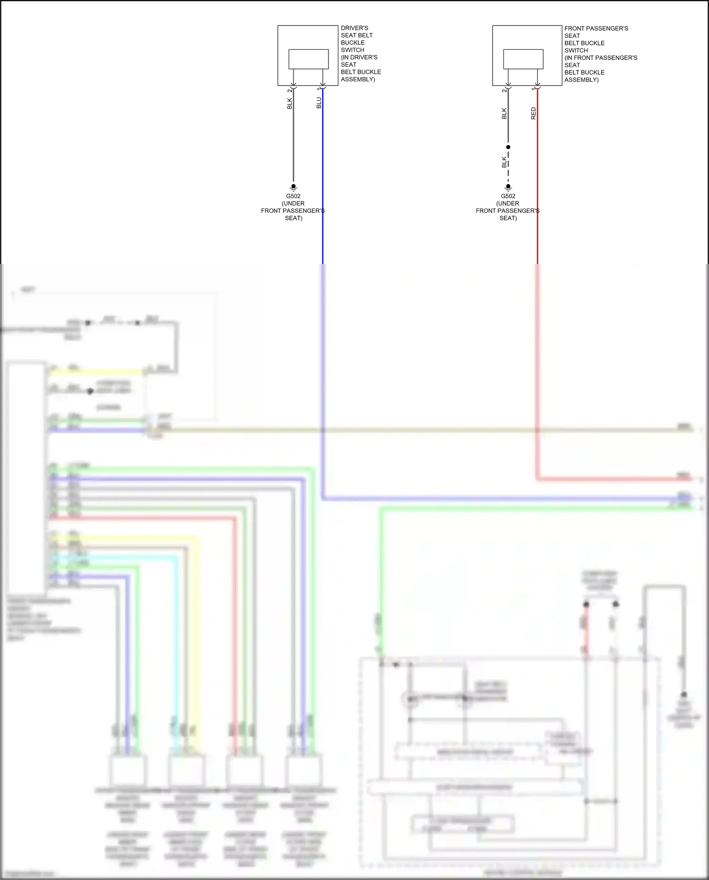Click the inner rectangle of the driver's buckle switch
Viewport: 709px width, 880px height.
click(x=308, y=59)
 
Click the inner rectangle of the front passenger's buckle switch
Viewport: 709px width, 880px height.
click(x=523, y=59)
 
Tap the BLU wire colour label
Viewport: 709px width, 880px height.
click(x=319, y=103)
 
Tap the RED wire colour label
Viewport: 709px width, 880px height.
click(x=534, y=113)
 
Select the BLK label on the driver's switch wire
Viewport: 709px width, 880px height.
click(x=290, y=104)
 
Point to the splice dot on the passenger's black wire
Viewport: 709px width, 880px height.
click(x=508, y=147)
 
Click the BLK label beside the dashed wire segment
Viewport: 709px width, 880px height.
click(x=504, y=163)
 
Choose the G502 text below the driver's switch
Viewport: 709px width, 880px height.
click(x=293, y=196)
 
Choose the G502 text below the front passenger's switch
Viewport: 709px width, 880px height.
click(x=508, y=196)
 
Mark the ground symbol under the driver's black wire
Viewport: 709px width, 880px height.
click(x=293, y=187)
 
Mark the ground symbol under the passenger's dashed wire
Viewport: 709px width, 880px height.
click(x=508, y=187)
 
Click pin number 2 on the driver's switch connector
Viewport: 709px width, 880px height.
click(x=290, y=90)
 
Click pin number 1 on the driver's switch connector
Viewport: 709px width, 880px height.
click(x=319, y=89)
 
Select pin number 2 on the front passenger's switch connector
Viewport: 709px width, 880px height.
click(x=504, y=90)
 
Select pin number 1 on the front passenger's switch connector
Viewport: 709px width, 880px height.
click(x=534, y=89)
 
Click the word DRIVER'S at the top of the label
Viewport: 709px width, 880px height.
click(x=354, y=28)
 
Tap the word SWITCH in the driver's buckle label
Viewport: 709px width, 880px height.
click(x=353, y=50)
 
